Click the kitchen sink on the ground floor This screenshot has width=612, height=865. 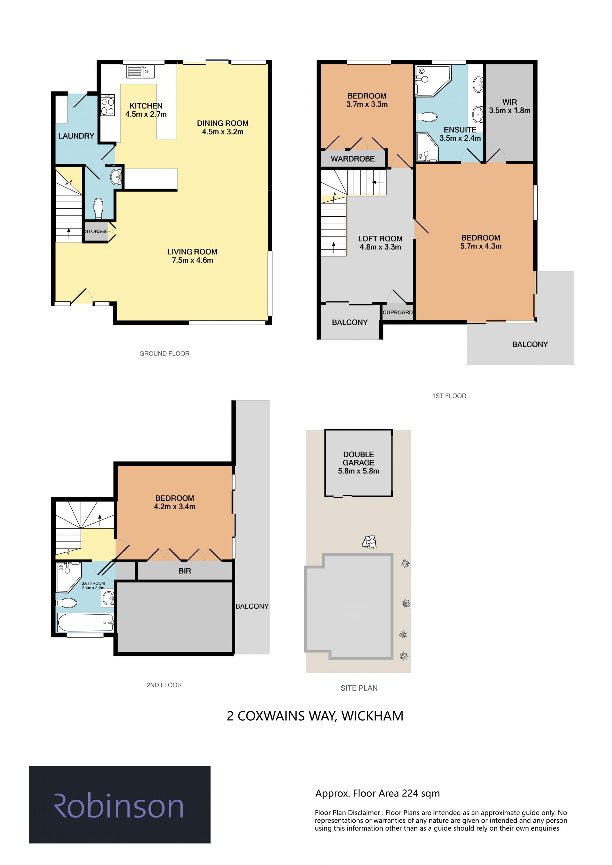tap(140, 72)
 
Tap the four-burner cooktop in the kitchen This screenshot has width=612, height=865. tap(108, 105)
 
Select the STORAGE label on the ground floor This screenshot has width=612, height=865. tap(96, 231)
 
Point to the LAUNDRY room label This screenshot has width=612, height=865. tap(76, 136)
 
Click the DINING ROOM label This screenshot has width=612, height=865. tap(223, 123)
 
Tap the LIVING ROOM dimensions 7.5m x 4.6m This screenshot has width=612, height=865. tap(193, 260)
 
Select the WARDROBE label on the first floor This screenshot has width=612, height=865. tap(353, 159)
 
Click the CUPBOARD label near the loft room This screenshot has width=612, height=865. tap(397, 312)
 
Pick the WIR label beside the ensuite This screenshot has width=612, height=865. tap(509, 102)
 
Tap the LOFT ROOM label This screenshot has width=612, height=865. tap(380, 239)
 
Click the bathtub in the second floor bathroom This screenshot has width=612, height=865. tap(85, 622)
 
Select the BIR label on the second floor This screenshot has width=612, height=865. tap(185, 571)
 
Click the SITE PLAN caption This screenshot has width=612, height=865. tap(359, 688)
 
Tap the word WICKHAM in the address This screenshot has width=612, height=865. tap(372, 716)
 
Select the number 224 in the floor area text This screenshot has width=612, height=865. tap(410, 793)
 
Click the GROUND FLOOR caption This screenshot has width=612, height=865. tap(164, 354)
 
